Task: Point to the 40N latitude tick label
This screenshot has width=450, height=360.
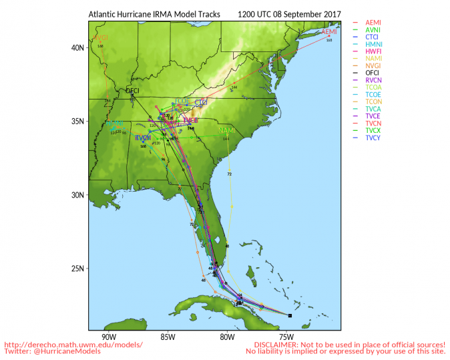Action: click(x=78, y=48)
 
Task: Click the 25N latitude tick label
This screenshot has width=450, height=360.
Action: click(x=78, y=269)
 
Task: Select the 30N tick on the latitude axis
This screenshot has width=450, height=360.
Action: click(x=78, y=195)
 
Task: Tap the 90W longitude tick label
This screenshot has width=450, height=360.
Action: click(x=108, y=336)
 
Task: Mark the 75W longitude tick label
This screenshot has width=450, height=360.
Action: click(x=286, y=336)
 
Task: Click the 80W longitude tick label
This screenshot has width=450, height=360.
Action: click(x=226, y=336)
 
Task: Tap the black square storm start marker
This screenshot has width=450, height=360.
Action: click(x=290, y=315)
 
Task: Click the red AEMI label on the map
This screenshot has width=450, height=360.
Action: click(x=329, y=32)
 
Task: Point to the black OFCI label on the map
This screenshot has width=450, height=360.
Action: click(x=133, y=90)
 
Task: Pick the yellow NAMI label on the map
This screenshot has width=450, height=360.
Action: click(x=226, y=130)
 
